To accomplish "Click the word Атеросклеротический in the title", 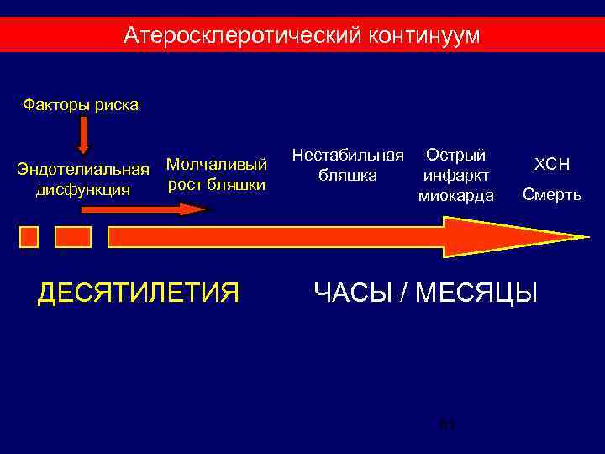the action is point(243,35).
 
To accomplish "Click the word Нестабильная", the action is point(348,156).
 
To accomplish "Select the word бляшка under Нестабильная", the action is point(347,176).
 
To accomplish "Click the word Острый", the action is point(455,156).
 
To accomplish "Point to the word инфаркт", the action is point(455,176).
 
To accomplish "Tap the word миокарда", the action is point(455,196).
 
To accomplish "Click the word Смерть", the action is point(551,195).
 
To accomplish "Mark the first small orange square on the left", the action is point(29,236).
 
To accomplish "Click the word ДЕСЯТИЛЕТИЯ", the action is point(139,293).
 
